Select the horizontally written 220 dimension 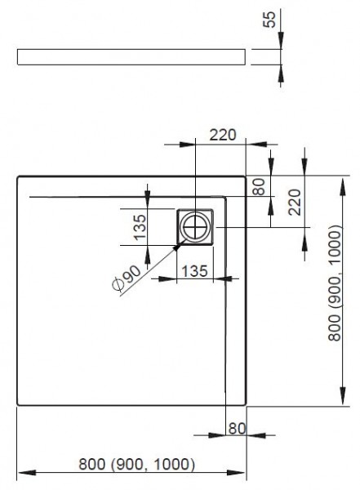tap(222, 136)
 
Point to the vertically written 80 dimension tap(259, 186)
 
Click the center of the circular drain tap(196, 226)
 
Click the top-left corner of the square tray tap(17, 175)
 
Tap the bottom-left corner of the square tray tap(17, 405)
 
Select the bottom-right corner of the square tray tap(246, 405)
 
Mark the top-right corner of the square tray tap(246, 175)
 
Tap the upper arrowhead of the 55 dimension tap(281, 46)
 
